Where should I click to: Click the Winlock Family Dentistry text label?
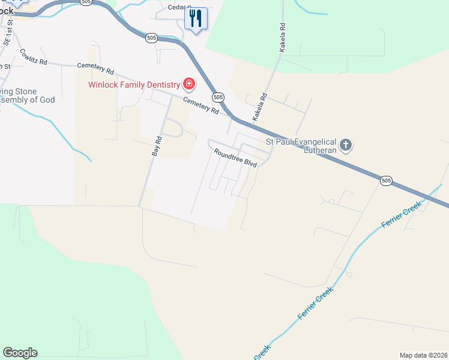(x=134, y=85)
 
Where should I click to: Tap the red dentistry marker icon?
(x=188, y=83)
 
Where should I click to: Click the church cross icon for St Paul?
(x=345, y=145)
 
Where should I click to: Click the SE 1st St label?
(x=8, y=36)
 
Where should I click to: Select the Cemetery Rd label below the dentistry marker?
(x=200, y=106)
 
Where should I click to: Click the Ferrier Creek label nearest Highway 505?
(x=402, y=215)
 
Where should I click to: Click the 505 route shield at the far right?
(x=386, y=180)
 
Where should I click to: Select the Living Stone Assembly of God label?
(x=27, y=96)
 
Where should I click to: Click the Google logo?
(x=20, y=353)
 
